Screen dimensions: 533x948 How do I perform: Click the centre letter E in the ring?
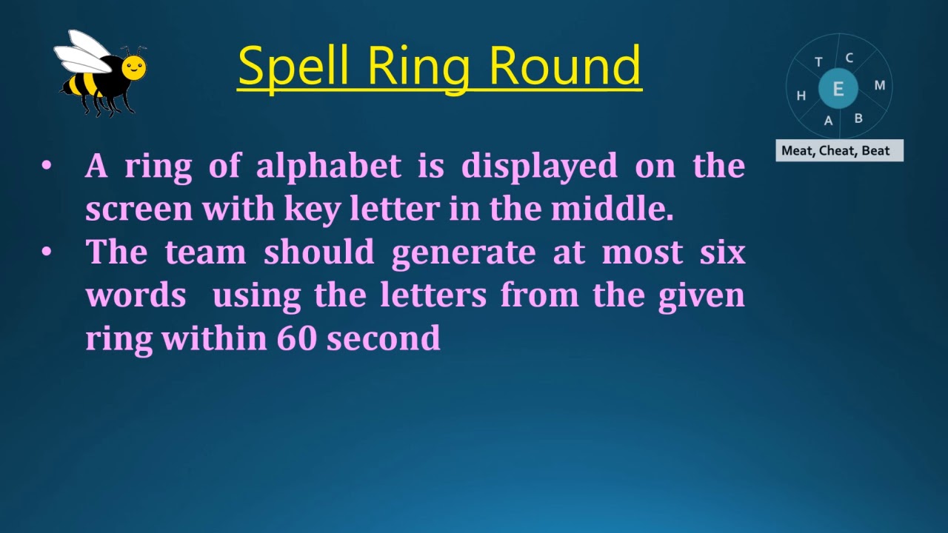[x=838, y=89]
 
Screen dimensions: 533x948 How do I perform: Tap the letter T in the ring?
[x=818, y=62]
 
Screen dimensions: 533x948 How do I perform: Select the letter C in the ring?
[x=849, y=58]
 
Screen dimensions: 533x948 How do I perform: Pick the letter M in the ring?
[x=880, y=85]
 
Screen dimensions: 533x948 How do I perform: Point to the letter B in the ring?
[x=858, y=118]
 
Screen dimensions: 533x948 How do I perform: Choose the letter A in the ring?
[x=829, y=121]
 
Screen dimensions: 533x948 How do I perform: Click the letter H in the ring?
[x=801, y=95]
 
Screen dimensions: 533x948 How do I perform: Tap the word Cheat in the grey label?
[x=837, y=151]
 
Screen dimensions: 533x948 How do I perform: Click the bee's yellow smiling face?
[x=133, y=69]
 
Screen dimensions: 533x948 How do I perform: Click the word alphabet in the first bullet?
[x=328, y=166]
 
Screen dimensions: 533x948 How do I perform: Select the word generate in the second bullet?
[x=464, y=252]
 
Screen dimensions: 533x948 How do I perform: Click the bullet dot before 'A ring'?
[x=47, y=166]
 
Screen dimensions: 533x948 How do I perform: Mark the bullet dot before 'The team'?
[x=47, y=252]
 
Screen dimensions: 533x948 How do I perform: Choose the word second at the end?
[x=384, y=338]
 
